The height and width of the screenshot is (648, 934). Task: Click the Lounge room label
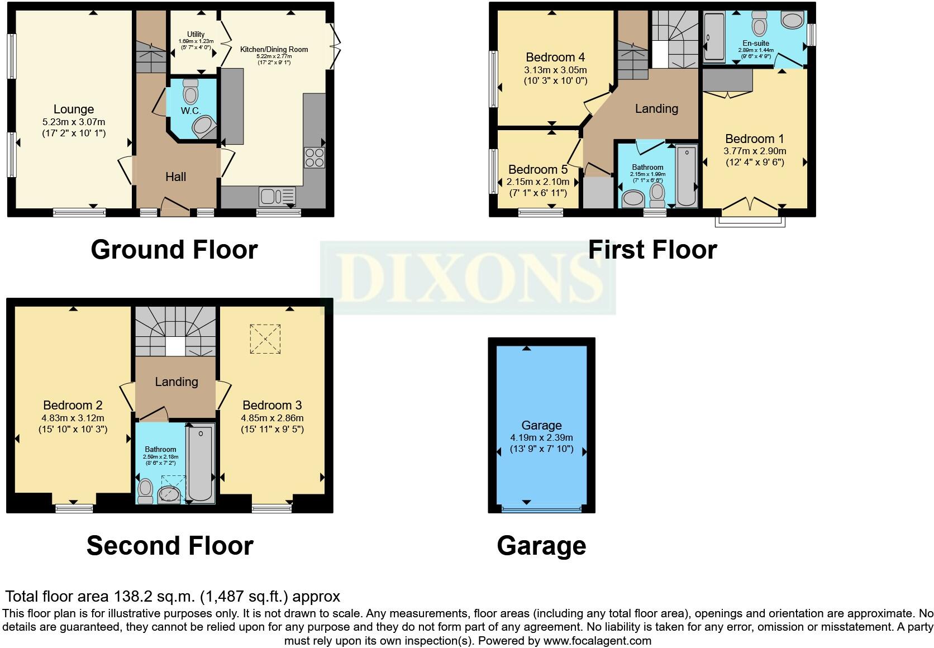74,109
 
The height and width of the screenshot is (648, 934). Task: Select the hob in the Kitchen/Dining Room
314,158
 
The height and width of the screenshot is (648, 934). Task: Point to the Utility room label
196,34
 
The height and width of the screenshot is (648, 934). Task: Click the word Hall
175,177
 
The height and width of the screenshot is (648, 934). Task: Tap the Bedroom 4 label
555,57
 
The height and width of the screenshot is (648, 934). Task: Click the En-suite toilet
759,23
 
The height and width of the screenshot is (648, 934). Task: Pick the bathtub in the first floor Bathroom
686,176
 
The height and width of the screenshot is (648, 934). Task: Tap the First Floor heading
652,250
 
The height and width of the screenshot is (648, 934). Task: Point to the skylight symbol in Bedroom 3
264,339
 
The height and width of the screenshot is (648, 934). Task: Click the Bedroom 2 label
73,405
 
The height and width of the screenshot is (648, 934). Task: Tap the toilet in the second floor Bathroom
145,491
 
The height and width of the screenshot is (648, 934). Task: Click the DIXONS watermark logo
468,278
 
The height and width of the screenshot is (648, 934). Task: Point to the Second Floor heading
170,546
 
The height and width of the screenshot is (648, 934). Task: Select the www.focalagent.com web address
597,641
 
